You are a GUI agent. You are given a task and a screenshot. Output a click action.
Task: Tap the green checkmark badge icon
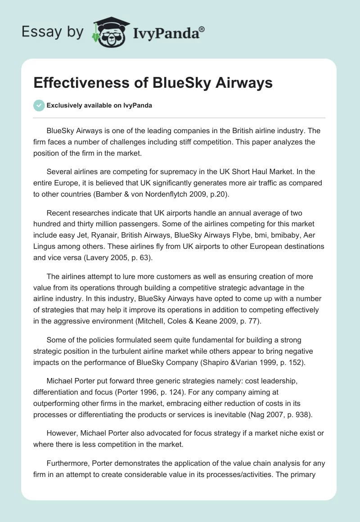pyautogui.click(x=39, y=105)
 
